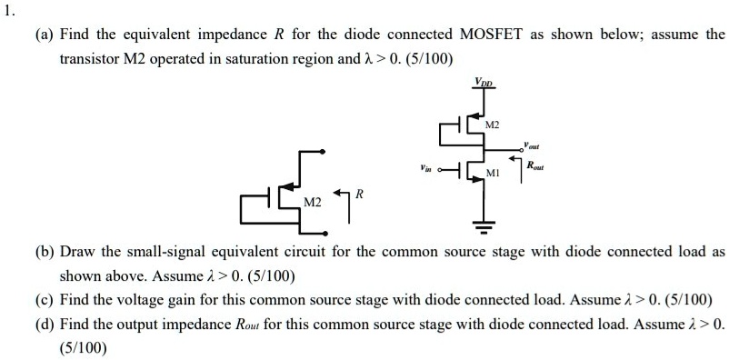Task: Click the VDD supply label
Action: (482, 83)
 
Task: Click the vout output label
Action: (532, 145)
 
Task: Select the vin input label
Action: (424, 168)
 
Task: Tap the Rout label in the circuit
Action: (536, 165)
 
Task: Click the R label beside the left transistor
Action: (360, 194)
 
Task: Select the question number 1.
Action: (10, 11)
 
